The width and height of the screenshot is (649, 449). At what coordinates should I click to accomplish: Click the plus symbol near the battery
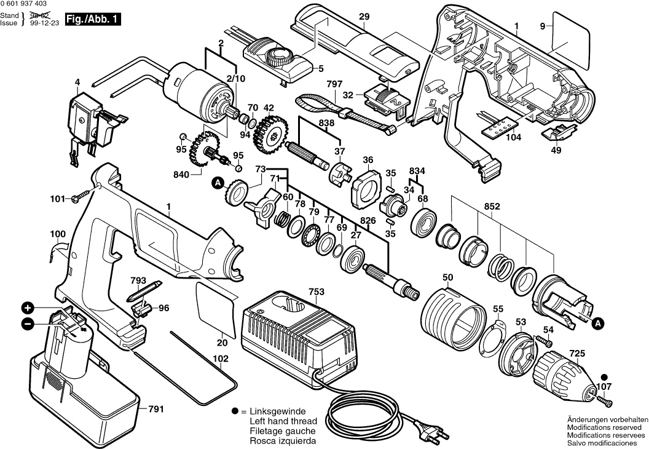point(27,308)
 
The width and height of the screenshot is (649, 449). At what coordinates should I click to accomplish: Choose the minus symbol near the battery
point(27,324)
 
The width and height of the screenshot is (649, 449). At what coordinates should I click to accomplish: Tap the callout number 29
point(364,18)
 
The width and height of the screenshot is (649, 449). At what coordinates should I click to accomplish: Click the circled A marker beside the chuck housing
point(599,321)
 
